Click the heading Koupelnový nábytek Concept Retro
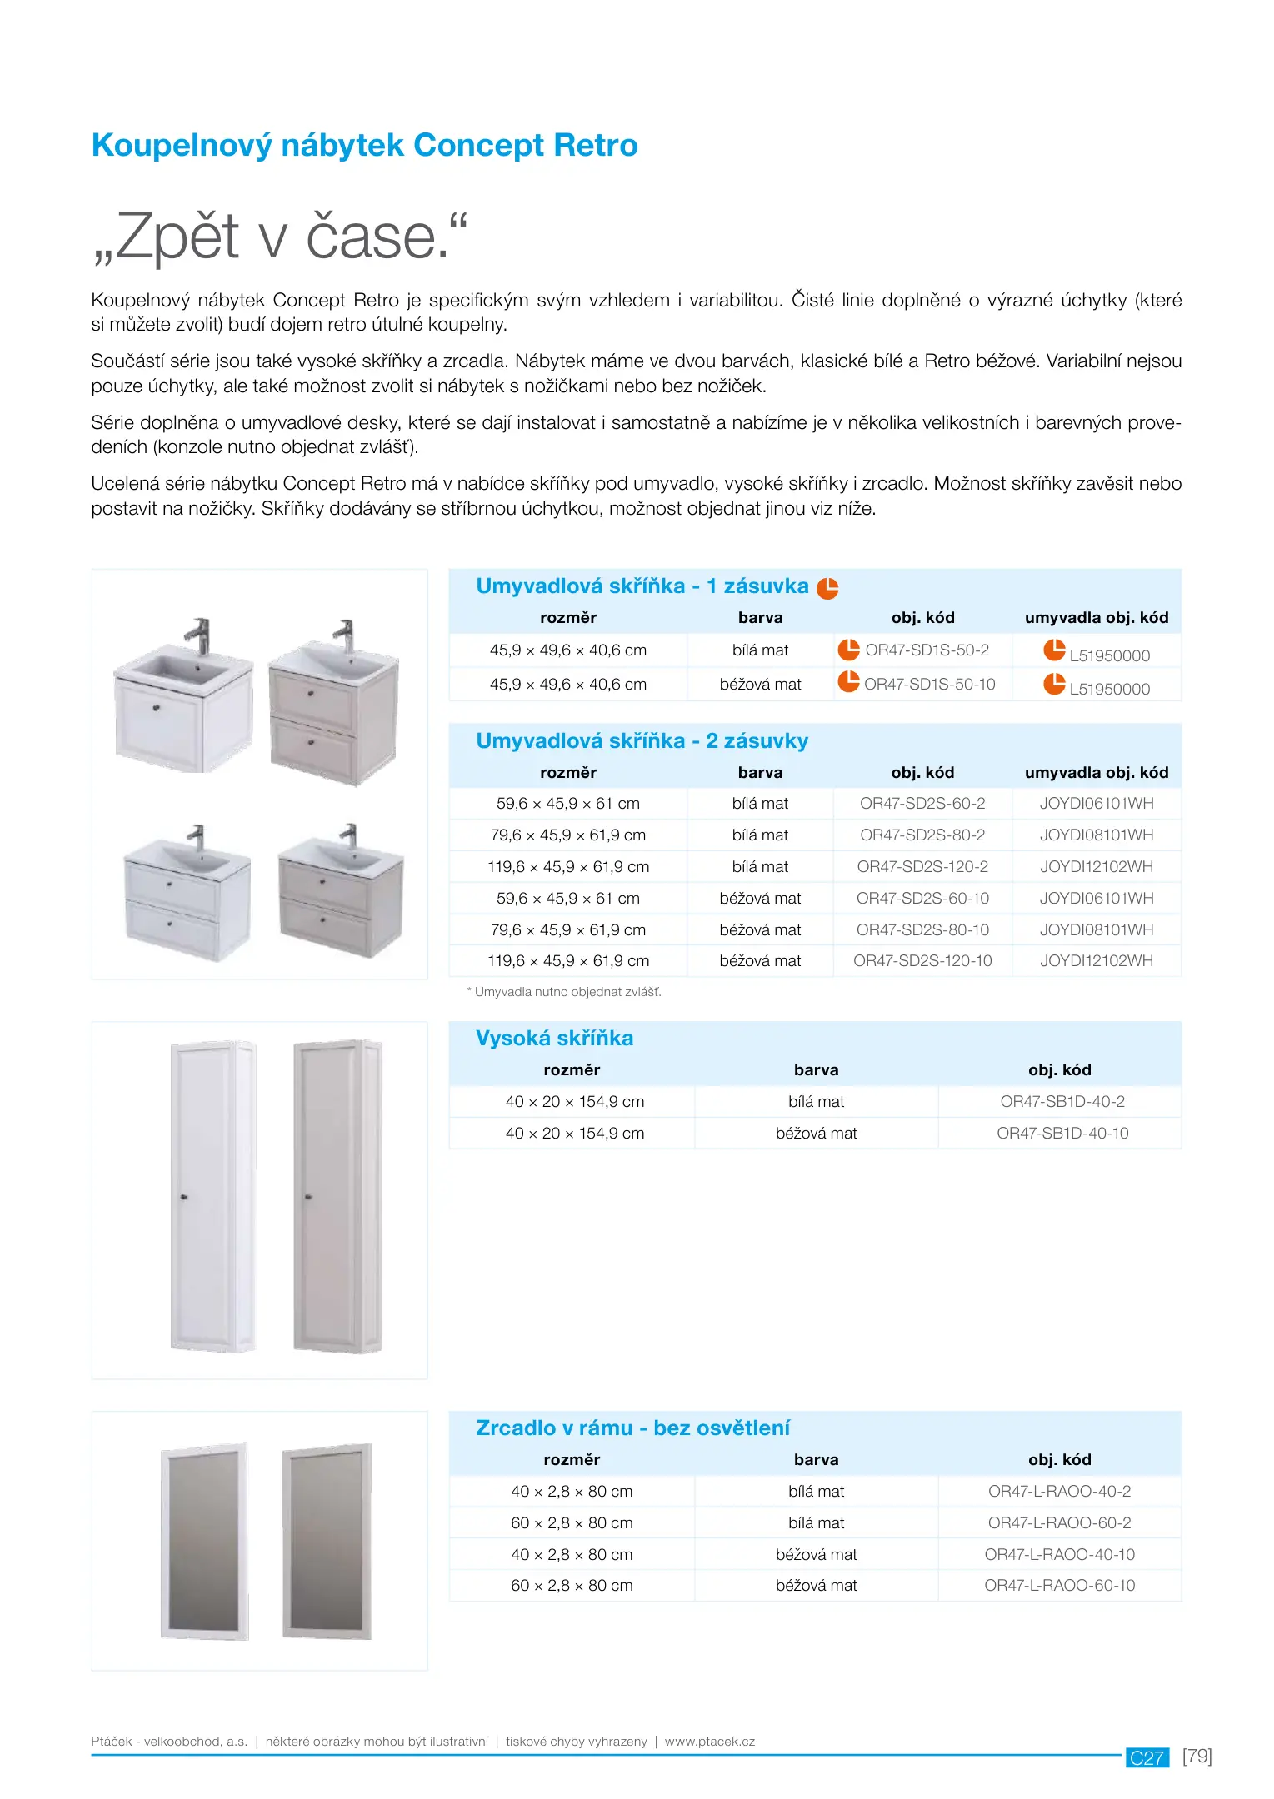[x=364, y=146]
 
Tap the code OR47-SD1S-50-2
[x=927, y=650]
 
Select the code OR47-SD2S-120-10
[x=922, y=961]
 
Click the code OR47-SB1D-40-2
[x=1062, y=1102]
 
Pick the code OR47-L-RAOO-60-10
[x=1060, y=1586]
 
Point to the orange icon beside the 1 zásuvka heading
[x=827, y=588]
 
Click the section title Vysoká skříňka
[x=554, y=1039]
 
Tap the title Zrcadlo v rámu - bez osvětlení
[x=632, y=1428]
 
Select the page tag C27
[x=1147, y=1757]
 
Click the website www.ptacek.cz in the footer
[x=710, y=1742]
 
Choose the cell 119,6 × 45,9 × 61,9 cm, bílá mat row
[x=568, y=867]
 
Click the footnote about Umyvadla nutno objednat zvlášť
[x=564, y=992]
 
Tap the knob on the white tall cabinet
[x=184, y=1197]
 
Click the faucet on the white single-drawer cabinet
[x=198, y=635]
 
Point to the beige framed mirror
[x=326, y=1541]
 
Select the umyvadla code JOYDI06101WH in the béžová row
[x=1097, y=899]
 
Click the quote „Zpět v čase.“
[x=280, y=237]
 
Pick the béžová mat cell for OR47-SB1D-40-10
[x=816, y=1134]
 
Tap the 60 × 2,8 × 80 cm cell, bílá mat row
[x=572, y=1523]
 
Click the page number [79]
[x=1197, y=1756]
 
